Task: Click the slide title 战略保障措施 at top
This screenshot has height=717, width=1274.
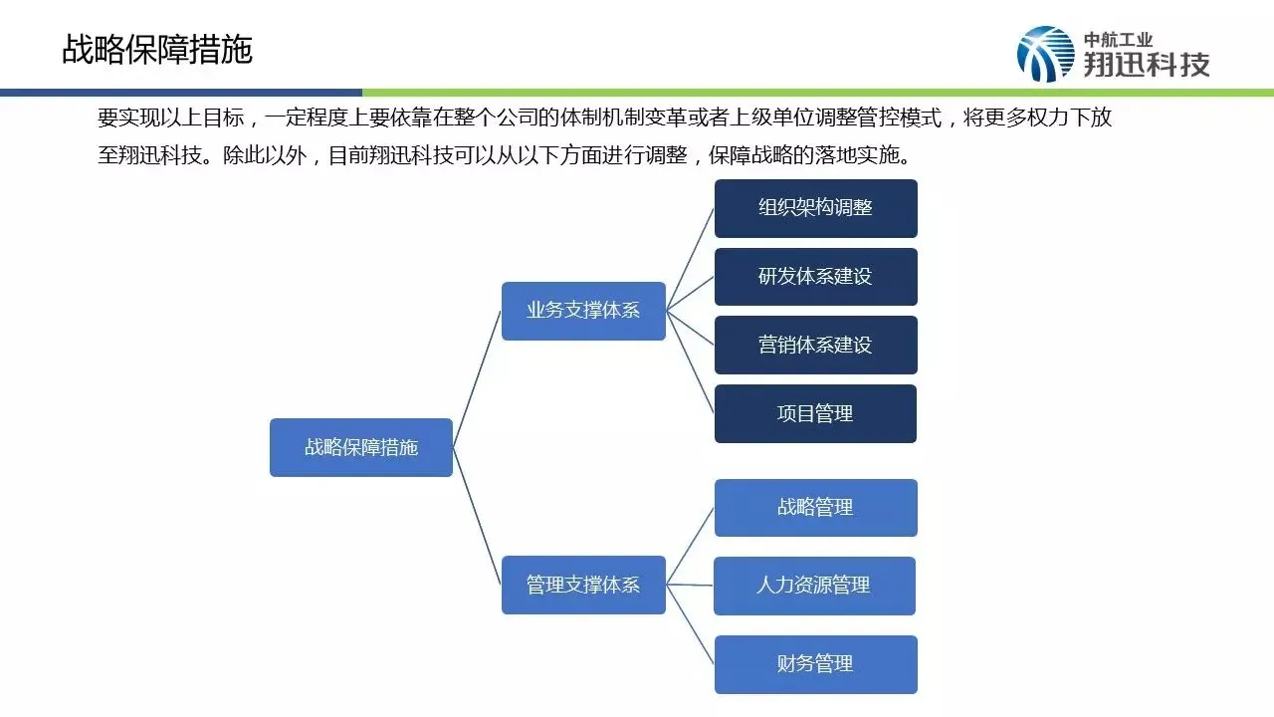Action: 157,49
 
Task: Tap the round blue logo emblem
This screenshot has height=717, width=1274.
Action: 1045,54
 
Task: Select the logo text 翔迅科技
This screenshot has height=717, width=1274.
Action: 1147,65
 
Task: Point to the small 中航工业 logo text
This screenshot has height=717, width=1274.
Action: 1118,40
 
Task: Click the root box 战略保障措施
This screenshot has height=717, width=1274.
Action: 361,447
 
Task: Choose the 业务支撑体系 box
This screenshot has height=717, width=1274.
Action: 583,311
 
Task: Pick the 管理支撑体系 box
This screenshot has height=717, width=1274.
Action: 583,585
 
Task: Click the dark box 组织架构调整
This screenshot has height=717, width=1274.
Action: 815,208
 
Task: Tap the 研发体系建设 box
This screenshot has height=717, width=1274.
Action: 815,277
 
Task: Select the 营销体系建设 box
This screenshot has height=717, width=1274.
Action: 815,345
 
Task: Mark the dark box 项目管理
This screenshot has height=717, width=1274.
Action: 815,413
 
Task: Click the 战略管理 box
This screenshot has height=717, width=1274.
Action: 815,508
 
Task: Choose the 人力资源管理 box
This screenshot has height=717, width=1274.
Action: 814,586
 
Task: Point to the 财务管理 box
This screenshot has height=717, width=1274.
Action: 815,664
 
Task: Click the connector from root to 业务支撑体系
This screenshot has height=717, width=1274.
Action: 477,378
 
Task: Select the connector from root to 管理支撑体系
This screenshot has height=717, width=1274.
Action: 477,516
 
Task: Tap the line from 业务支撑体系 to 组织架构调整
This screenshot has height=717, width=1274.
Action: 691,259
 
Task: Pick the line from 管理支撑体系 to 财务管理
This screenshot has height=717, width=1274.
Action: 691,624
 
